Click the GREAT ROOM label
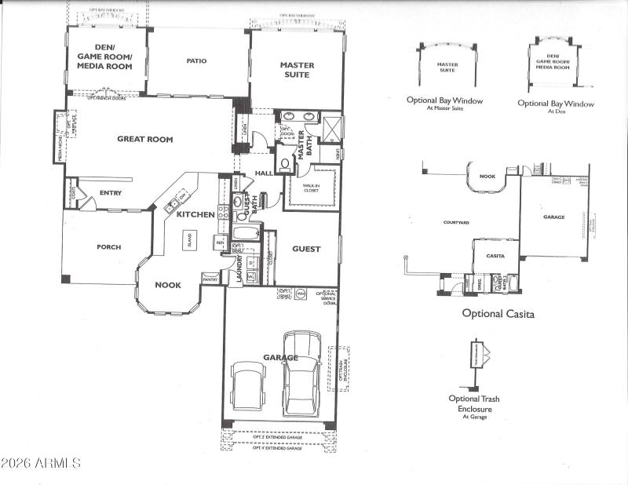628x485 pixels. click(x=144, y=140)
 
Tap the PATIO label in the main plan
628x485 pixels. click(x=196, y=60)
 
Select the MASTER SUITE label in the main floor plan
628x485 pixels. click(x=295, y=70)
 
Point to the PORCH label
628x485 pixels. click(x=108, y=247)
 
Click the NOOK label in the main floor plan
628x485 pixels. click(x=168, y=285)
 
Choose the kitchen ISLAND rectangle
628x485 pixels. click(x=189, y=239)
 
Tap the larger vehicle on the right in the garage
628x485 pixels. click(x=301, y=372)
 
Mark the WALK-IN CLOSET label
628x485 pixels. click(x=312, y=188)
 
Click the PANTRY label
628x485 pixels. click(x=210, y=279)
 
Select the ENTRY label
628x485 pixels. click(x=110, y=192)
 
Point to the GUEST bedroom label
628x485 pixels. click(x=306, y=249)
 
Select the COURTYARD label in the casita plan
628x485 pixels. click(x=456, y=223)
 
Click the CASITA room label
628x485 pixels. click(x=495, y=256)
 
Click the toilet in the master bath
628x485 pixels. click(x=285, y=163)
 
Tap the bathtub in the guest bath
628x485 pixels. click(x=247, y=234)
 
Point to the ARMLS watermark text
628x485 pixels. click(x=41, y=462)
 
